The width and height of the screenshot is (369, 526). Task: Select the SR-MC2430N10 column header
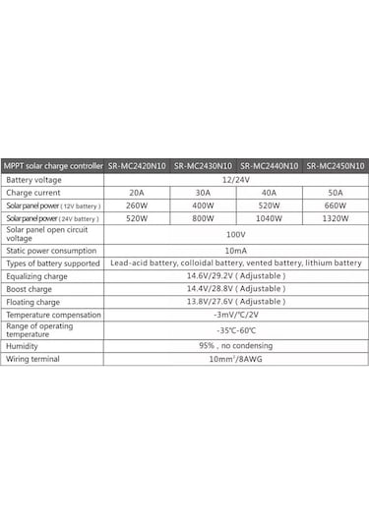click(204, 167)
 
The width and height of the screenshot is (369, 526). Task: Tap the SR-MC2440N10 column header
click(270, 167)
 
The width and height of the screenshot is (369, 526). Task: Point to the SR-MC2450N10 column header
click(336, 167)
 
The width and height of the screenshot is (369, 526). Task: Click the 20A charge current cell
click(137, 193)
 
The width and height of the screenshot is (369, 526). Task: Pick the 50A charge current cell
click(336, 193)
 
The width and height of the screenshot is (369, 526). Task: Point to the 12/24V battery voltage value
click(235, 180)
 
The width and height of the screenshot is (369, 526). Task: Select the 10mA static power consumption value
click(235, 251)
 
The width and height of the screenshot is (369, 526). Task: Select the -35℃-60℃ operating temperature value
click(235, 330)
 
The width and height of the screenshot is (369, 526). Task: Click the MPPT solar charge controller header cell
click(53, 167)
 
